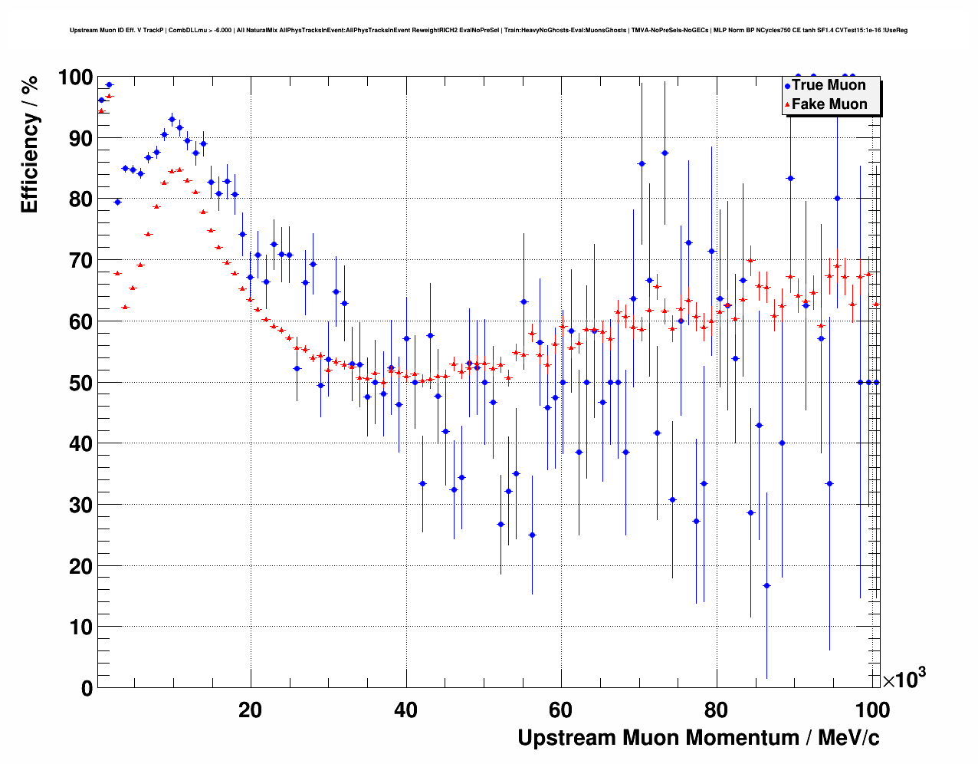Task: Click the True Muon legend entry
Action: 829,85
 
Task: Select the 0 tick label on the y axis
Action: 87,688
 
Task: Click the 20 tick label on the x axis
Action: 250,710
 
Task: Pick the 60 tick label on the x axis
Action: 562,710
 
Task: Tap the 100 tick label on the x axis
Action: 872,710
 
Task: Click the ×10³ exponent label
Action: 904,679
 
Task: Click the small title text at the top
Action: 488,30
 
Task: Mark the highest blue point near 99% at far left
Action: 109,84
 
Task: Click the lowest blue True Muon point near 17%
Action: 766,585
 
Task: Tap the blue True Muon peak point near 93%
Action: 172,119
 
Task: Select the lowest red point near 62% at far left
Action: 125,307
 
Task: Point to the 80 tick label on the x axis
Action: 717,710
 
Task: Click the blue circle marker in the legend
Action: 787,86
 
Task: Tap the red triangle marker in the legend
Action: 787,104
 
